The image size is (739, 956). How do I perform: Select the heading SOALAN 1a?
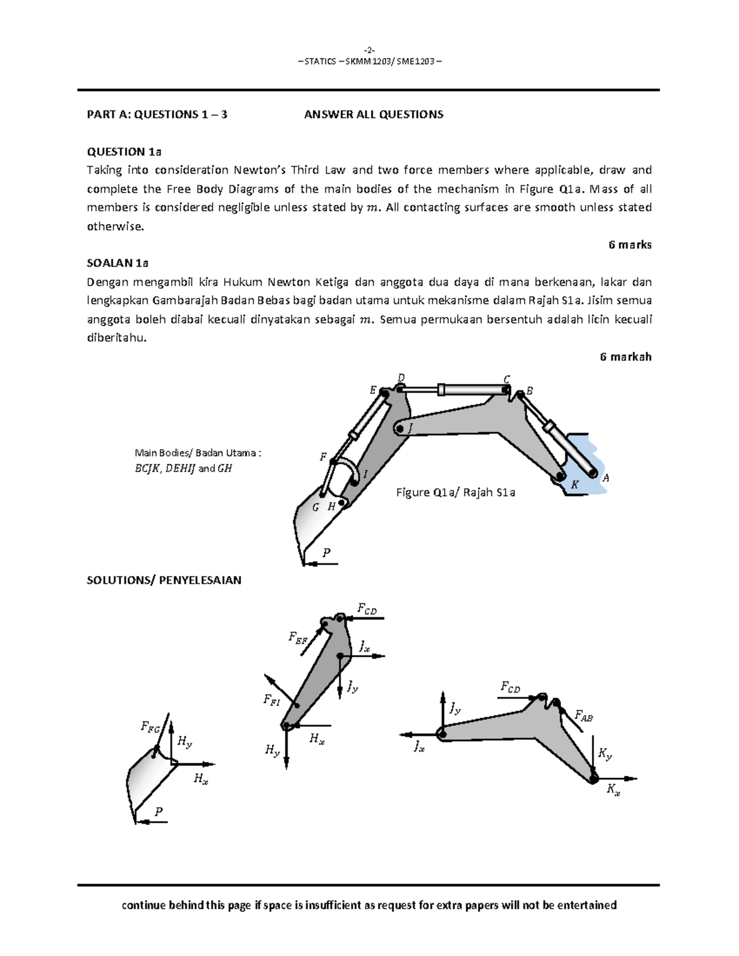118,263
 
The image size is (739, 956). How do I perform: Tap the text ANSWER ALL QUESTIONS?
373,114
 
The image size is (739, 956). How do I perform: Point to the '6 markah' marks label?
625,357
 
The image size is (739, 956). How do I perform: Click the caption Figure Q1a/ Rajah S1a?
455,492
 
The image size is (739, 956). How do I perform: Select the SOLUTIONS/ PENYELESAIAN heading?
164,580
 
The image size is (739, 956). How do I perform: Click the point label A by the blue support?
605,478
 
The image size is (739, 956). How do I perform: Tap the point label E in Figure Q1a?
373,390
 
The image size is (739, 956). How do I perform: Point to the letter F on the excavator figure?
322,457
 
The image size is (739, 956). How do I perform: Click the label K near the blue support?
574,485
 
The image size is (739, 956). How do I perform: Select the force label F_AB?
583,715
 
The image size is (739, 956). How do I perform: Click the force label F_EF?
297,638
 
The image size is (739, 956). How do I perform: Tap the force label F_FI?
271,699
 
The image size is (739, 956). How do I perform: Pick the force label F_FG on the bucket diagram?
151,729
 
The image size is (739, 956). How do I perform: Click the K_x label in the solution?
613,790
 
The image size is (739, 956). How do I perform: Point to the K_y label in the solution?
605,753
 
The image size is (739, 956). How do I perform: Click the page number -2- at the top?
369,50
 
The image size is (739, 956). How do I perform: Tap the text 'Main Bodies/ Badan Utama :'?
198,453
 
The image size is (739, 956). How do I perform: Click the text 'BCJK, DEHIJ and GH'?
183,468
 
